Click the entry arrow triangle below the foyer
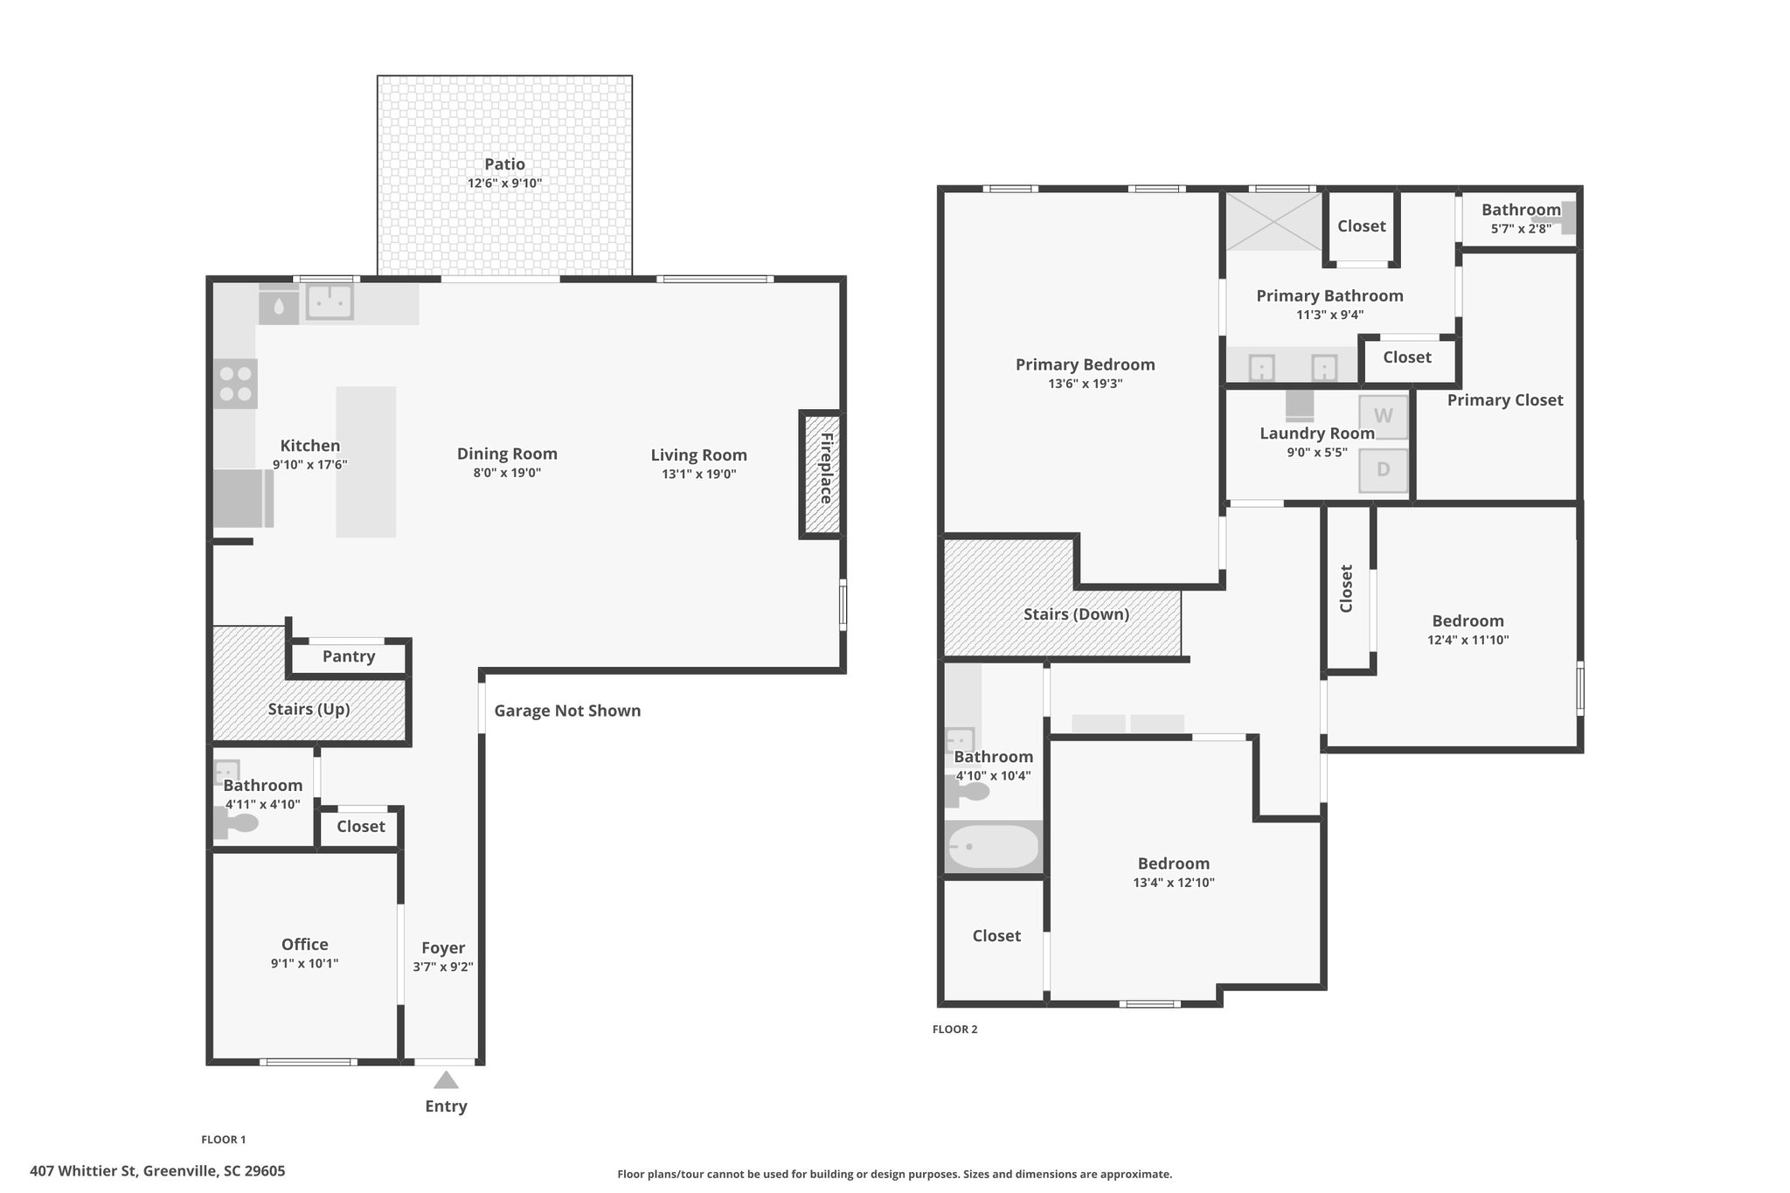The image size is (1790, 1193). pyautogui.click(x=446, y=1080)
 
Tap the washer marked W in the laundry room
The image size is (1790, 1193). pyautogui.click(x=1384, y=417)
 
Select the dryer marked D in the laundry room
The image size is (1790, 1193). pyautogui.click(x=1384, y=470)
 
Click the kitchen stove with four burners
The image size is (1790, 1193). pyautogui.click(x=236, y=384)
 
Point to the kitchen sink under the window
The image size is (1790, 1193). pyautogui.click(x=330, y=302)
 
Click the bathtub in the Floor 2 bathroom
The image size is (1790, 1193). pyautogui.click(x=994, y=847)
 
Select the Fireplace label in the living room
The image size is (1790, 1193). pyautogui.click(x=826, y=468)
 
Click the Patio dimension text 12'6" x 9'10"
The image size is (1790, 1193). pyautogui.click(x=505, y=184)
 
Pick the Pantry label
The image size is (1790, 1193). pyautogui.click(x=349, y=656)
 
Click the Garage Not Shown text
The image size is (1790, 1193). pyautogui.click(x=567, y=711)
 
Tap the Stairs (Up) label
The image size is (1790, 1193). pyautogui.click(x=309, y=709)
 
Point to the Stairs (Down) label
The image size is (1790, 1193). pyautogui.click(x=1077, y=614)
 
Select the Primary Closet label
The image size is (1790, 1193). pyautogui.click(x=1505, y=400)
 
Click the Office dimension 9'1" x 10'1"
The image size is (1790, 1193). pyautogui.click(x=305, y=963)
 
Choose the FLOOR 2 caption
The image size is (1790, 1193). pyautogui.click(x=955, y=1030)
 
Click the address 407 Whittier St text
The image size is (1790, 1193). pyautogui.click(x=84, y=1171)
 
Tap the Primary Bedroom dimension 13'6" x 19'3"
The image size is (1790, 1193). pyautogui.click(x=1086, y=384)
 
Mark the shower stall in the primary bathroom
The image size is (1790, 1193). pyautogui.click(x=1273, y=222)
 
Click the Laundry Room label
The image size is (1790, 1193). pyautogui.click(x=1317, y=434)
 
